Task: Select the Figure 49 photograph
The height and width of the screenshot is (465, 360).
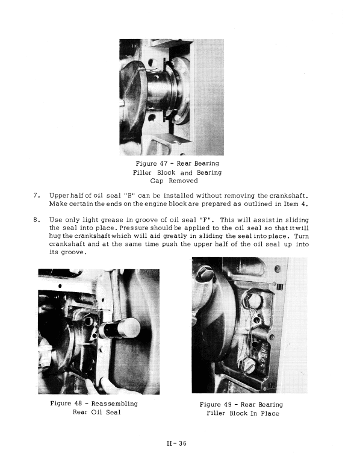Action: pos(240,325)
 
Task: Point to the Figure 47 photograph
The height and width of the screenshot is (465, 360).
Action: pos(172,96)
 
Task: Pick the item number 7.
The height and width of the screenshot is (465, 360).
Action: pos(36,195)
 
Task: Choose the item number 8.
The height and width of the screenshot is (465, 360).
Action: pos(36,220)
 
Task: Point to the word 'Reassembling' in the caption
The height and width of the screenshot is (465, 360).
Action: pos(113,403)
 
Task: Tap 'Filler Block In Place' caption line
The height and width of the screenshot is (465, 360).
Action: pos(243,413)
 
